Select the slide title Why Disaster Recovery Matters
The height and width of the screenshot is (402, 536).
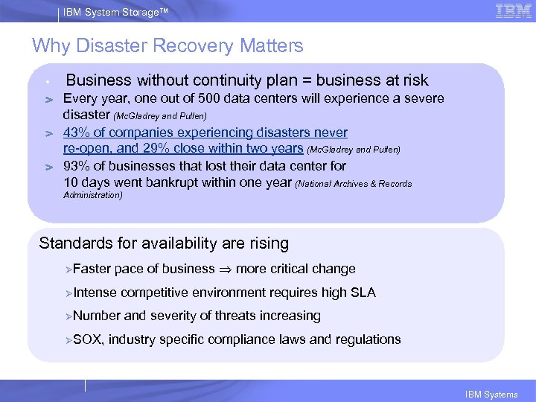[167, 45]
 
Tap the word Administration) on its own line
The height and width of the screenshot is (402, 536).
[93, 196]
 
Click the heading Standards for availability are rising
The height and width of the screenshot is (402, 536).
[164, 243]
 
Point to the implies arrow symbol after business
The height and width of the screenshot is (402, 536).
[223, 269]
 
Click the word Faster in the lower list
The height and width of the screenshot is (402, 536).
[92, 269]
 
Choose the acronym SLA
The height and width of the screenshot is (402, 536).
[362, 293]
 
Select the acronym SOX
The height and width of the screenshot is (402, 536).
[89, 339]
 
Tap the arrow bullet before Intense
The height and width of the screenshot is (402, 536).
[68, 293]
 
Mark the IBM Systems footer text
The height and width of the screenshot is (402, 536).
[491, 395]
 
